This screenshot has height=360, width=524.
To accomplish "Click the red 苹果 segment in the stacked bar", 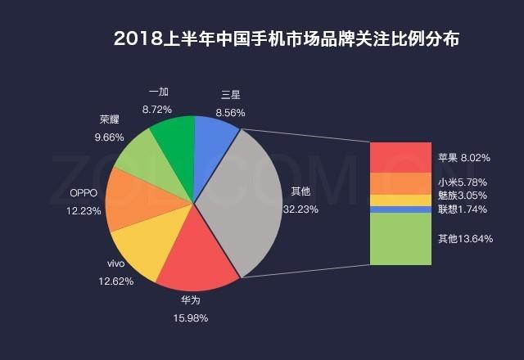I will pyautogui.click(x=400, y=157).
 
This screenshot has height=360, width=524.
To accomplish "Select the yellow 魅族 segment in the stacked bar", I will pyautogui.click(x=400, y=200).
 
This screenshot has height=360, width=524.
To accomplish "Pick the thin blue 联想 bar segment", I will pyautogui.click(x=400, y=209).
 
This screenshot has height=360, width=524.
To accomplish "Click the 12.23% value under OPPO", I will pyautogui.click(x=84, y=210).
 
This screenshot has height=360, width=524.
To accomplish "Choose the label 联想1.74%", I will pyautogui.click(x=463, y=209).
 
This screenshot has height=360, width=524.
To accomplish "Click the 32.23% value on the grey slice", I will pyautogui.click(x=300, y=209).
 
